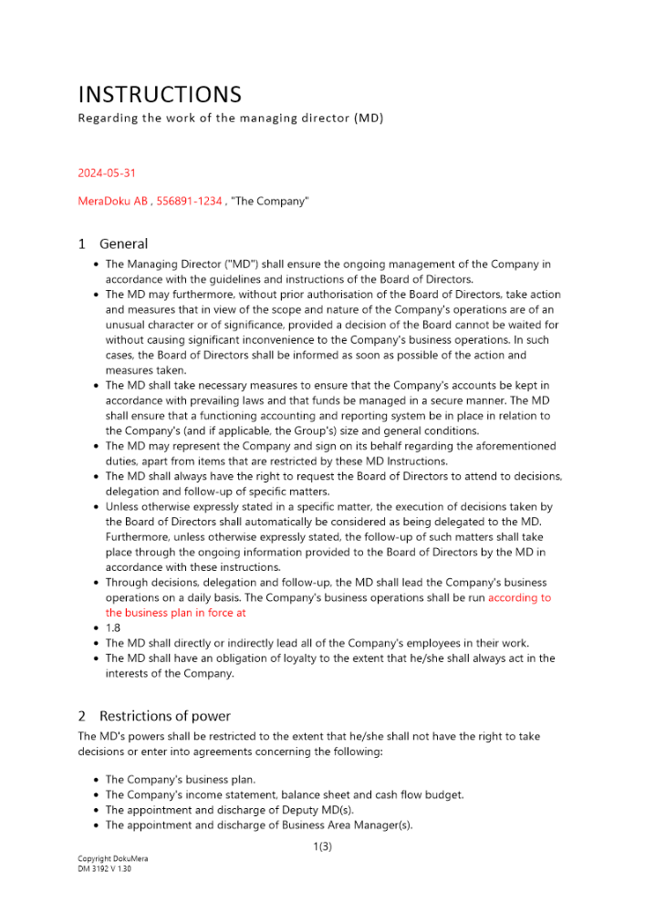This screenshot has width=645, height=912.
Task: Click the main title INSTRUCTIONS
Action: (160, 95)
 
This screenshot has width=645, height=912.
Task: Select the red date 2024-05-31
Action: (107, 172)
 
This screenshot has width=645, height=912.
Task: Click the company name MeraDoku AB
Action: (112, 201)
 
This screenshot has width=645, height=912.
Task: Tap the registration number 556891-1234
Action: (190, 201)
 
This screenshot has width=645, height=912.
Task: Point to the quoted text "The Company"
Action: (270, 201)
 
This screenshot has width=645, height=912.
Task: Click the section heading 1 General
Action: (113, 244)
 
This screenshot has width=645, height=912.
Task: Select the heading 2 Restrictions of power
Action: (154, 716)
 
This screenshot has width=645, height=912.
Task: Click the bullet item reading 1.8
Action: (113, 628)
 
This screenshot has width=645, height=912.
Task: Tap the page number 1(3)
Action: (322, 847)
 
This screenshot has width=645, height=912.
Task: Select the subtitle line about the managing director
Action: (230, 119)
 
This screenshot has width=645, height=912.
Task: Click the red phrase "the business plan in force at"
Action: (176, 613)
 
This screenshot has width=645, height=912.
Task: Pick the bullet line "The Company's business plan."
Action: (181, 780)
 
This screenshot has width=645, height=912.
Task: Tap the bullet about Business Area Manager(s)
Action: (258, 825)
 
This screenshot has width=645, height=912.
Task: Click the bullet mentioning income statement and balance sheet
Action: (284, 794)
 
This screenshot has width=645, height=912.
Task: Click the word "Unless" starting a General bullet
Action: (122, 507)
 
